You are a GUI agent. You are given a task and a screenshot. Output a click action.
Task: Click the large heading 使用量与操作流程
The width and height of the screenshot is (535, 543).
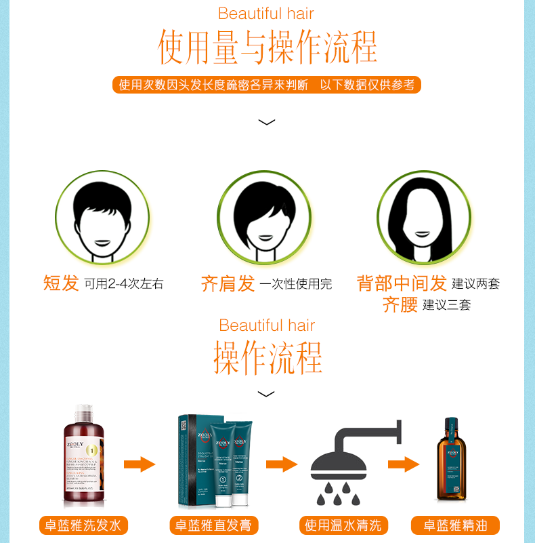(x=267, y=46)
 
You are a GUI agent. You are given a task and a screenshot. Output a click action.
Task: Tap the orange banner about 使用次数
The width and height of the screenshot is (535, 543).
(x=266, y=85)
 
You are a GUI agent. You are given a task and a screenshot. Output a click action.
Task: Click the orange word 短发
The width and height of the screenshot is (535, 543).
(x=62, y=283)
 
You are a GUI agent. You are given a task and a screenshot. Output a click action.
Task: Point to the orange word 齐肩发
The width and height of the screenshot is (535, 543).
(x=228, y=283)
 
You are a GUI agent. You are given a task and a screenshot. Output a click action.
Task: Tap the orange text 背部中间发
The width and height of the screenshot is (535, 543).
(x=402, y=283)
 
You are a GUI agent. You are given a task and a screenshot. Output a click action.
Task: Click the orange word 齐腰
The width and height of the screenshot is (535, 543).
(x=400, y=304)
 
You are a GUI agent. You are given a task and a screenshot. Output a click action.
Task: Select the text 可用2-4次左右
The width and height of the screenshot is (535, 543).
(x=124, y=284)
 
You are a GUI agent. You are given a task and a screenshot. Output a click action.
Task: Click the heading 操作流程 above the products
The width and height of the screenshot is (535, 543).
(x=267, y=357)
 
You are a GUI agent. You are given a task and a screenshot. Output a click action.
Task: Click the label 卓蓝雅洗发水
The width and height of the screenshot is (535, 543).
(x=83, y=525)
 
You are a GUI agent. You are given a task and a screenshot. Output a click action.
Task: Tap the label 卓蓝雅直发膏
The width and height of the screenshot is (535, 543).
(x=215, y=525)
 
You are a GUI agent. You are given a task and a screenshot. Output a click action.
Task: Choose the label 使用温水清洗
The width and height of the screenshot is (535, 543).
(x=343, y=525)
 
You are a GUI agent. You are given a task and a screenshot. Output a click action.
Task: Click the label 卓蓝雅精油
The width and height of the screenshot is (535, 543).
(x=455, y=525)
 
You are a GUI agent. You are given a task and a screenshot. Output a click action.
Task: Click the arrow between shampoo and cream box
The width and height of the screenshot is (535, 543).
(x=140, y=464)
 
